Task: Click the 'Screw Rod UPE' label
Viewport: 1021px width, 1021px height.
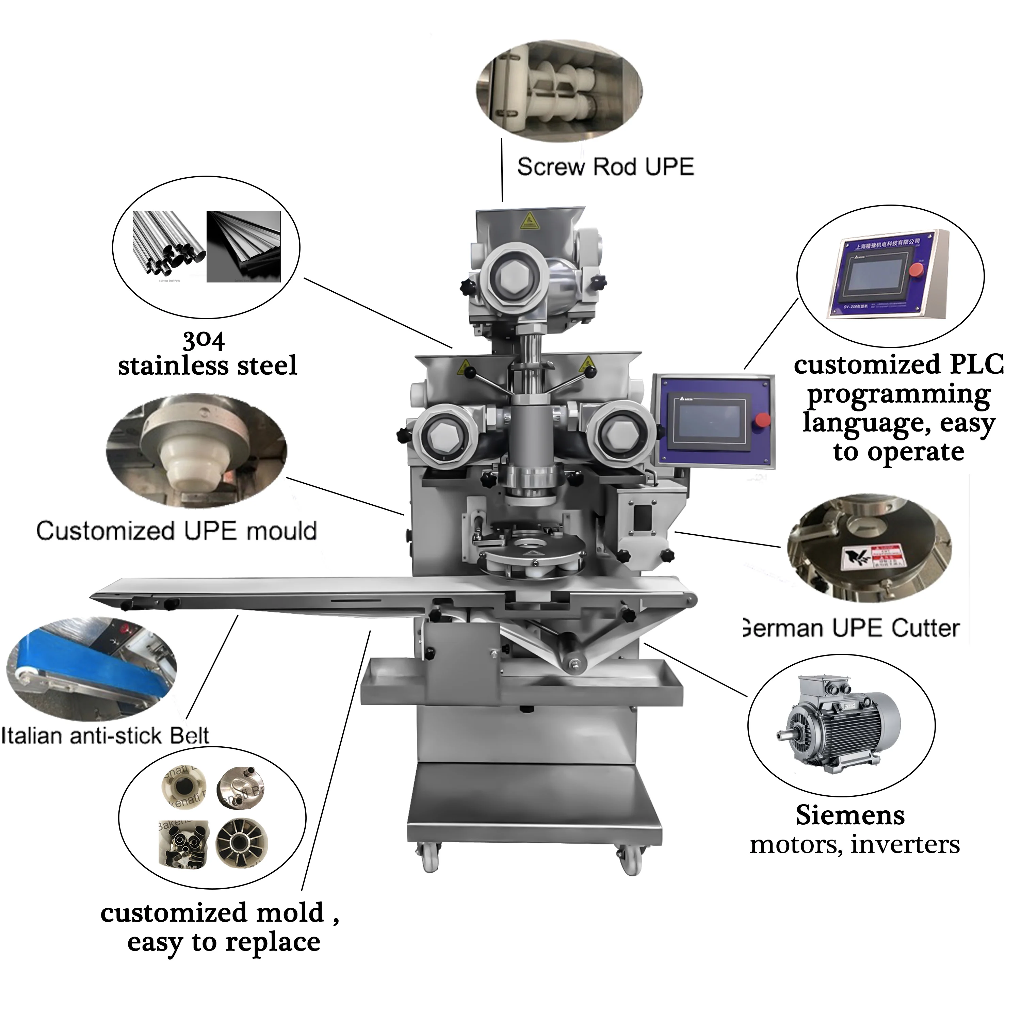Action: click(605, 167)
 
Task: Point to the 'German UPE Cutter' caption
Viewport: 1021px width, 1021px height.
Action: click(851, 628)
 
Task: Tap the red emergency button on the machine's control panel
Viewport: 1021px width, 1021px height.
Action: click(762, 420)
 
